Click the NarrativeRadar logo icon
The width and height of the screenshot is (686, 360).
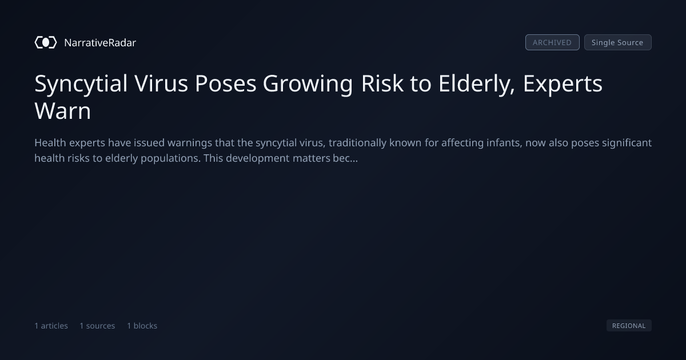[46, 42]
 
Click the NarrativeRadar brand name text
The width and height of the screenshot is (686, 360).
[100, 43]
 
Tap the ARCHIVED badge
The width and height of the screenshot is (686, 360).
[552, 42]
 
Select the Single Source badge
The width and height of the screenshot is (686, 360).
[618, 42]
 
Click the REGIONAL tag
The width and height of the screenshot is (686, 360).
[629, 325]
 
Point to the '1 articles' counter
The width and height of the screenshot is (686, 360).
[51, 326]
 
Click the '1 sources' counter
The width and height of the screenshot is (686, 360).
[97, 326]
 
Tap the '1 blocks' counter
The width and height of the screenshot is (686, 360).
[142, 326]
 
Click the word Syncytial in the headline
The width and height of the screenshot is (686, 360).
[81, 84]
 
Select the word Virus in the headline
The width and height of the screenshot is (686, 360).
[161, 83]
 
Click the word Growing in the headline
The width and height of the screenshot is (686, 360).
[308, 84]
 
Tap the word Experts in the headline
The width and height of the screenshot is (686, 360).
[563, 84]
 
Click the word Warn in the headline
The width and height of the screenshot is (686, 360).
[63, 111]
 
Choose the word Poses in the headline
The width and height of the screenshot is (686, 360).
[225, 83]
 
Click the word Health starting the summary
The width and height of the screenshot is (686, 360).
[50, 143]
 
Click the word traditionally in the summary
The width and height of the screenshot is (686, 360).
[357, 143]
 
